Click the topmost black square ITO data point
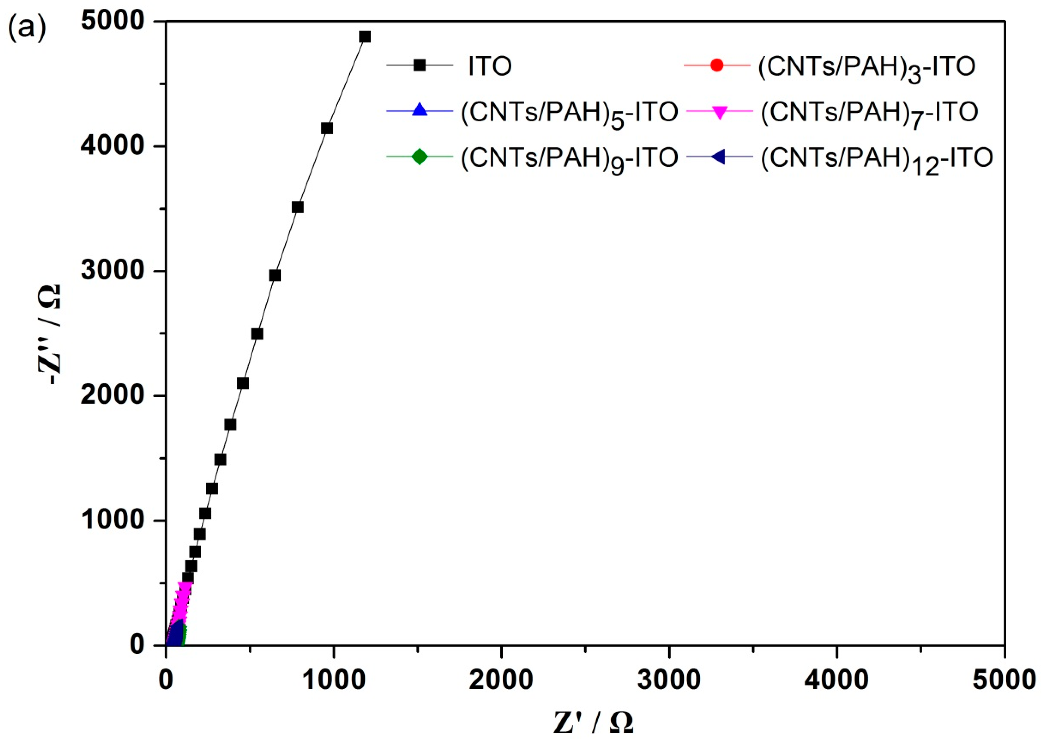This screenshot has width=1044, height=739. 365,37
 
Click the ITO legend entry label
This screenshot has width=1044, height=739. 490,66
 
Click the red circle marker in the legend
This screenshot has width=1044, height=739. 717,65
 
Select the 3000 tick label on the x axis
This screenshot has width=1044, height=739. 669,681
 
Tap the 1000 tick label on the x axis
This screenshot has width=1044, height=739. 334,681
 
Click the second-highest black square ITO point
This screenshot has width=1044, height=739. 327,129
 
